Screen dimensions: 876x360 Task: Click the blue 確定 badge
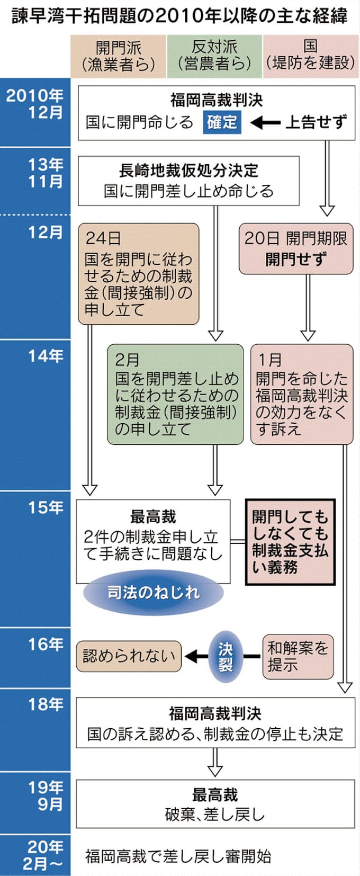coord(222,122)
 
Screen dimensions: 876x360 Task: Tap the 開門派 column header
coord(118,56)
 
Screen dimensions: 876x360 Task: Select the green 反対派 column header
coord(214,56)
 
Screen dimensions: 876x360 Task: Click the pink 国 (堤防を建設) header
coord(310,56)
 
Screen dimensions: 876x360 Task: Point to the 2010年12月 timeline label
coord(35,104)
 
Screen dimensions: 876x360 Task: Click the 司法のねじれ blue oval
coord(154,592)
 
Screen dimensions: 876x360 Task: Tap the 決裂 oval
coord(226,657)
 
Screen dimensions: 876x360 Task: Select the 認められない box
coord(129,657)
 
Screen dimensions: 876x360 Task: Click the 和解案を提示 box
coord(298,656)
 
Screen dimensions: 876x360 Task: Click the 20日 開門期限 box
coord(295,248)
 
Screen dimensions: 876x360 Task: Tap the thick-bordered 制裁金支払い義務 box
coord(290,542)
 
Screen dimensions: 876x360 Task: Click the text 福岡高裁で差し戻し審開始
coord(178,856)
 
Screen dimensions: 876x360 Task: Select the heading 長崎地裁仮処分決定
coord(188,171)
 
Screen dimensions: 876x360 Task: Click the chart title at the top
coord(180,16)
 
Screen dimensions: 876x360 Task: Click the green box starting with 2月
coord(175,394)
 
